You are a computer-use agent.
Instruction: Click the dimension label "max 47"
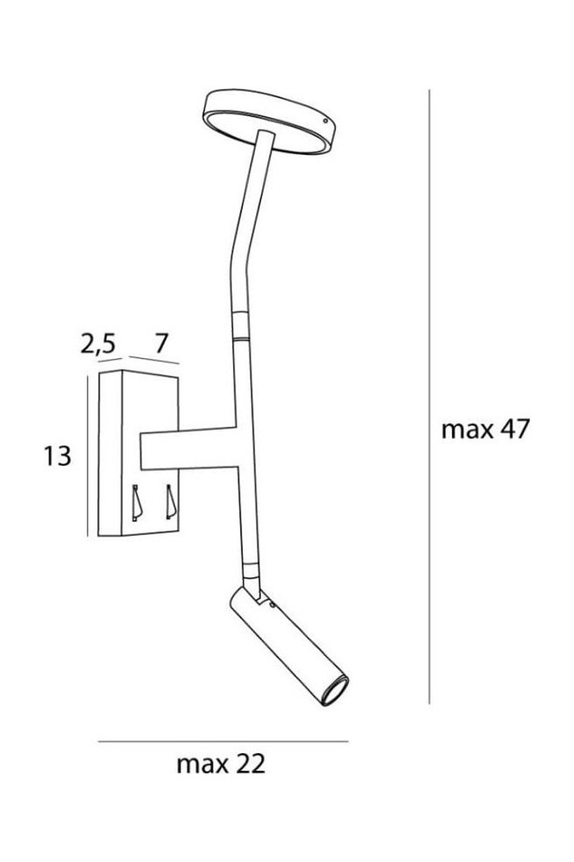[484, 429]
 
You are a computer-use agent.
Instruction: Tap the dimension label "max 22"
[221, 764]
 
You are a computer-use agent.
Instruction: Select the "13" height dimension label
[57, 456]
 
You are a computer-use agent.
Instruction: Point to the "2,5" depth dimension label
[98, 344]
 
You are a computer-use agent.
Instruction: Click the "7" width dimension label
[160, 344]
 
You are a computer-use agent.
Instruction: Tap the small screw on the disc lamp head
[326, 120]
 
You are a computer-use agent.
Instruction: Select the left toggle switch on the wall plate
[137, 502]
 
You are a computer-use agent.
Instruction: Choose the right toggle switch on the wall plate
[172, 502]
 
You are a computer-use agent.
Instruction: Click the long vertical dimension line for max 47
[429, 396]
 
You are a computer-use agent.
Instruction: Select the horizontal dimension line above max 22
[223, 741]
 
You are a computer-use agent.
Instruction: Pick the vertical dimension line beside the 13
[88, 456]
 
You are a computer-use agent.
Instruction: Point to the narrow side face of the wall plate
[110, 454]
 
